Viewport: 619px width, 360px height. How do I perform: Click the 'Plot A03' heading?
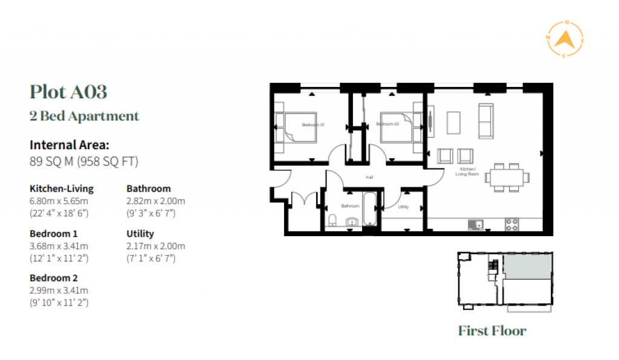[x=68, y=92]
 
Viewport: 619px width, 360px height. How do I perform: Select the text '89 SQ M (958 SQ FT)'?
[x=84, y=161]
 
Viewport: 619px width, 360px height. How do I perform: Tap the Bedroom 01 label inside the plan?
[x=314, y=125]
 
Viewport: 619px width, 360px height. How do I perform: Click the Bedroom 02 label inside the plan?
[x=387, y=124]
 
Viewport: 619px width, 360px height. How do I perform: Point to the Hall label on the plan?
[x=369, y=178]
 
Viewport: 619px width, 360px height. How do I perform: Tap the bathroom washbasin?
[x=351, y=223]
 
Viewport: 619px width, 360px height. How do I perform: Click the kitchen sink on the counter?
[x=475, y=225]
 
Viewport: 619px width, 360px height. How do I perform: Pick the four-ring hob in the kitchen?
[x=511, y=224]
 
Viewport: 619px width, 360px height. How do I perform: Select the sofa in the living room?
[x=485, y=120]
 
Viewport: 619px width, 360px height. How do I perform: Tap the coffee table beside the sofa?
[x=454, y=122]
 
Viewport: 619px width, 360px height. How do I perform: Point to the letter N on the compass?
[x=566, y=22]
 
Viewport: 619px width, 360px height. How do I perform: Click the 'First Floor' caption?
[x=492, y=331]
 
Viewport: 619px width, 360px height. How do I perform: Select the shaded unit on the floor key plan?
[x=527, y=266]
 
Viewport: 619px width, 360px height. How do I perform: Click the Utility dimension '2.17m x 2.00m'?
[x=155, y=246]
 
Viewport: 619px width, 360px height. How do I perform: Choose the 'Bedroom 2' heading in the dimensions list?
[x=54, y=278]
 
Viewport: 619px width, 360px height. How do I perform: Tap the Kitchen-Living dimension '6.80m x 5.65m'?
[x=59, y=201]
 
